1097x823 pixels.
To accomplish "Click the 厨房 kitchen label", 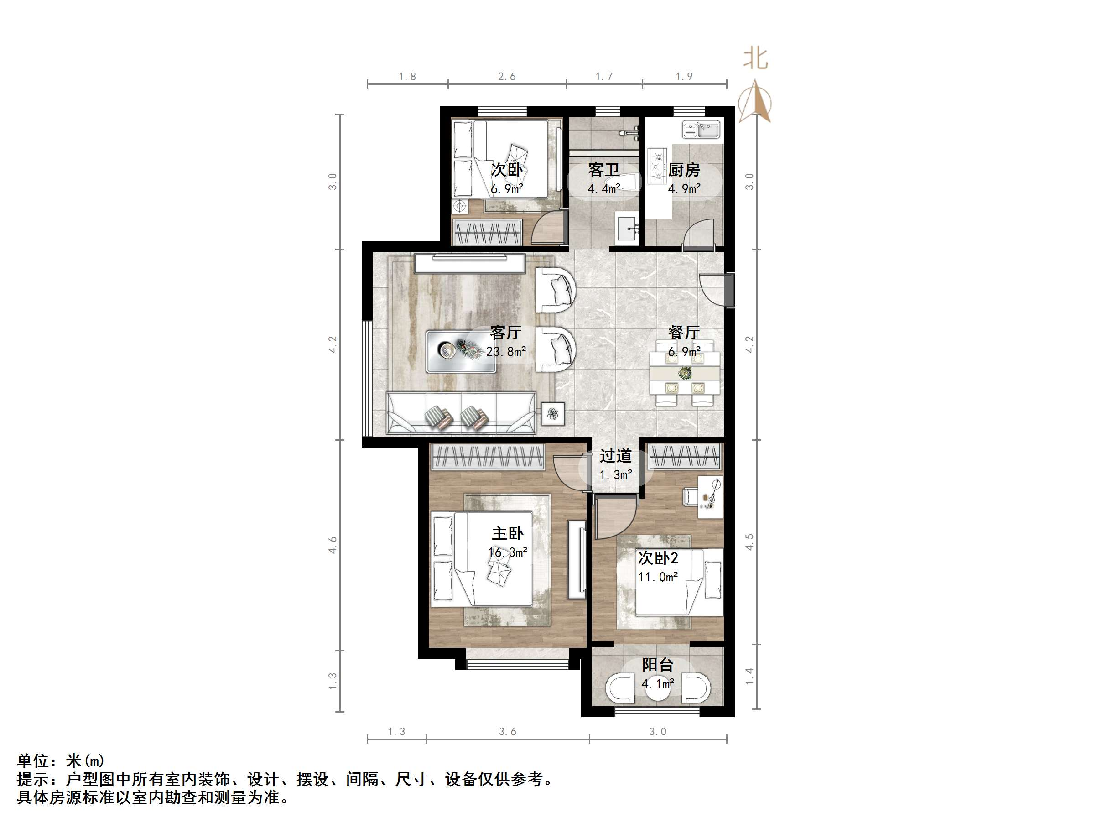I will coord(683,170).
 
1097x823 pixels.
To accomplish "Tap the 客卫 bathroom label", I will coord(603,170).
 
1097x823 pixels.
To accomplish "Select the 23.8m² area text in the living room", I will coord(506,352).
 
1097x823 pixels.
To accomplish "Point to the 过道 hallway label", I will coord(615,456).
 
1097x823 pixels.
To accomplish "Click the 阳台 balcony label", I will coord(658,665).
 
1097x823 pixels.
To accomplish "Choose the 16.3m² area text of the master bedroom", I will coord(507,552).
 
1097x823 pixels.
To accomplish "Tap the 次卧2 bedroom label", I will coord(658,558).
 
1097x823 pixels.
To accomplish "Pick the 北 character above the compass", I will coord(755,59).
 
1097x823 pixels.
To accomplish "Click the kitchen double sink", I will coord(701,130).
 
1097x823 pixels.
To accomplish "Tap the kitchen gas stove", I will coord(658,164).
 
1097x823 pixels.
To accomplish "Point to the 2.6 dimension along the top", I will coord(507,76).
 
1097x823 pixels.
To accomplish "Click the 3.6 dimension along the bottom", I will coord(507,732).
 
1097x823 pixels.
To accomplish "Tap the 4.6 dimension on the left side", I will coord(332,545).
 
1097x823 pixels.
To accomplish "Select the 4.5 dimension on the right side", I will coord(749,542).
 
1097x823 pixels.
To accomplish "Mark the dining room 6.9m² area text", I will coord(684,352).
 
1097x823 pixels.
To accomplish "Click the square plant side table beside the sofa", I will coord(552,413).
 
